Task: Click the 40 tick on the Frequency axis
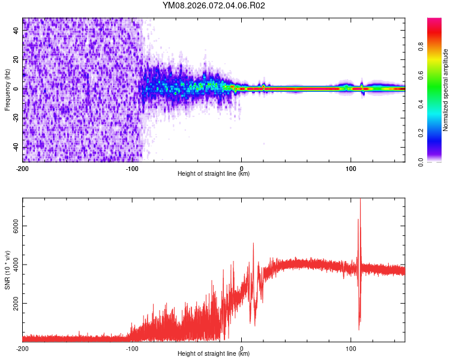pos(17,30)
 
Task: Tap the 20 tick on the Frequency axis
pos(17,59)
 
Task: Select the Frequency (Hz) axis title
pos(7,90)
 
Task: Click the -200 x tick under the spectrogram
pos(23,169)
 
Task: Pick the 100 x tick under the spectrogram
pos(350,169)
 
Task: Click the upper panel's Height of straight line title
pos(214,174)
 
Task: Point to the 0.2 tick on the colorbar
pos(439,133)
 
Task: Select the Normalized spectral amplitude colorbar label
pos(446,90)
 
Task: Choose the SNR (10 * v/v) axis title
pos(7,270)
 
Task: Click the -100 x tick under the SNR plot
pos(132,349)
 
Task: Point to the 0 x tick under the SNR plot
pos(242,349)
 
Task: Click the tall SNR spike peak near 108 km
pos(360,200)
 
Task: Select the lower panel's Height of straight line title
pos(214,354)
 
